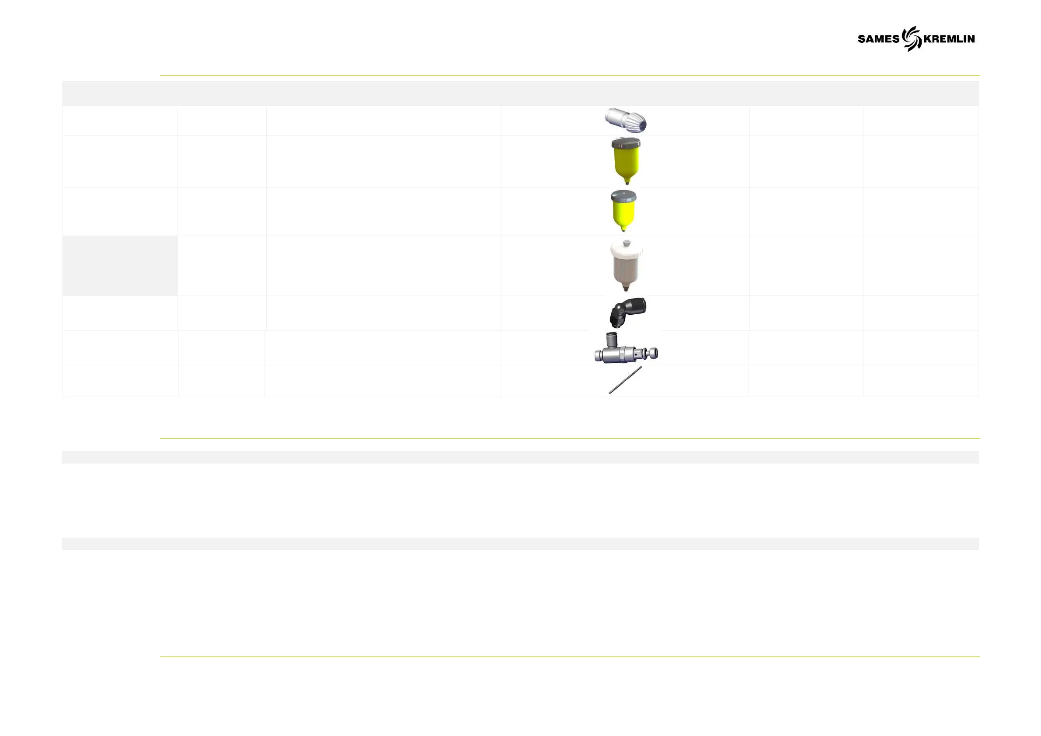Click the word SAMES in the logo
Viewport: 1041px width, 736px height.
[x=878, y=39]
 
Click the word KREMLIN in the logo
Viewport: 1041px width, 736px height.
[x=949, y=39]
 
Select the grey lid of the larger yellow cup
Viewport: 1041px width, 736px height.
[x=626, y=143]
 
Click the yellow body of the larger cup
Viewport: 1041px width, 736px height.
[x=626, y=161]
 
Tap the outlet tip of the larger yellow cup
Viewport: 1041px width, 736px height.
[x=627, y=183]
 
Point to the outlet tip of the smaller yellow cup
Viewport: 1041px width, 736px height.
[x=623, y=229]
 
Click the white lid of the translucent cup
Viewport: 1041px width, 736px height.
[x=626, y=250]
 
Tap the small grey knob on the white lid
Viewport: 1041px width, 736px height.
[x=626, y=243]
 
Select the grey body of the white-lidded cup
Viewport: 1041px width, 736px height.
[x=626, y=270]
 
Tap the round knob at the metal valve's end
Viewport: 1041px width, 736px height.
[x=653, y=353]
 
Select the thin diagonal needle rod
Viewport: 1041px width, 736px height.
[x=625, y=380]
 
